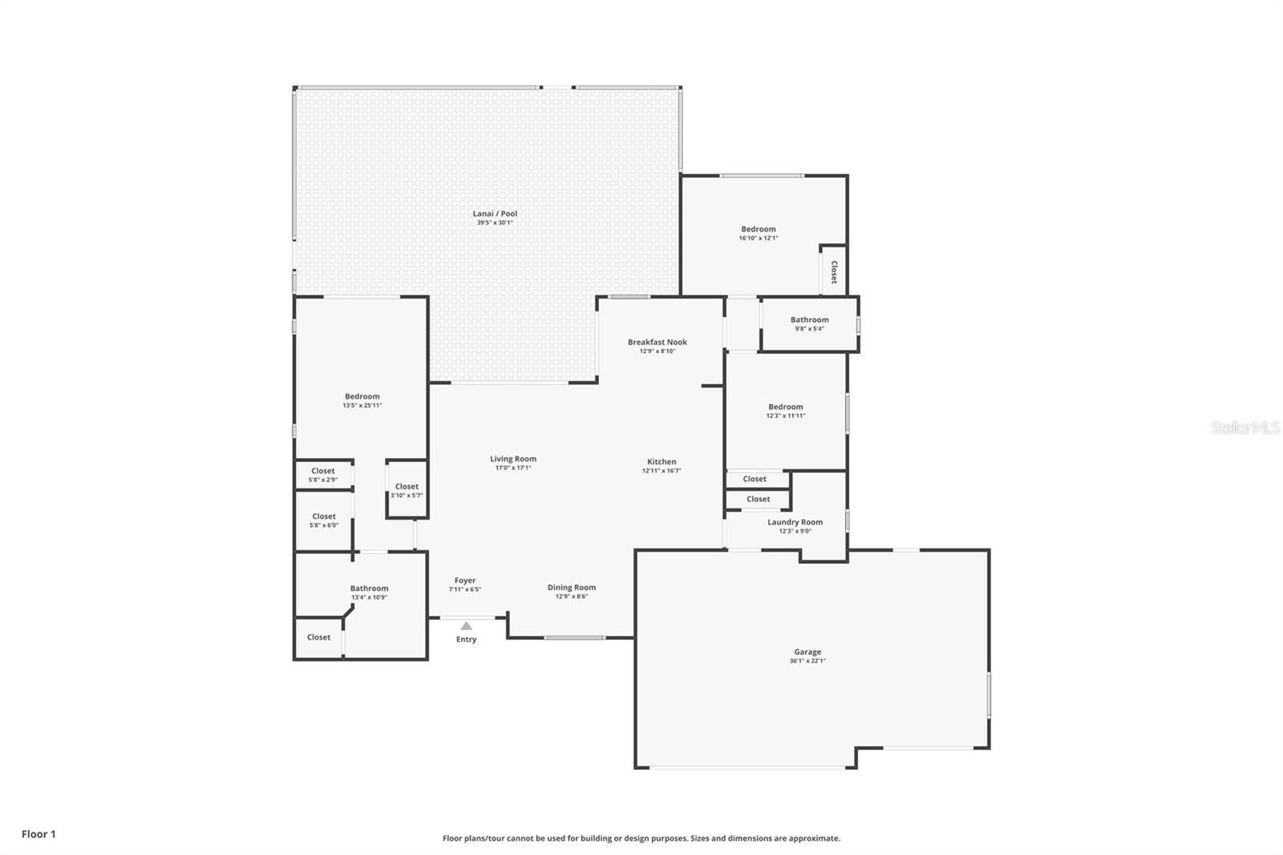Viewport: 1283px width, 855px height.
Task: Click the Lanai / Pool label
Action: pos(495,213)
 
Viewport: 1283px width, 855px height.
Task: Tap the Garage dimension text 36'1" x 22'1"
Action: pos(807,661)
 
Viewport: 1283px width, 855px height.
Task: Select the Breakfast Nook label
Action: pos(657,342)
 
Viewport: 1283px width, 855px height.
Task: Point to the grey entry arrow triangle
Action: pos(466,626)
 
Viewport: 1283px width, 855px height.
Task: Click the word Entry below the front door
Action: pos(466,639)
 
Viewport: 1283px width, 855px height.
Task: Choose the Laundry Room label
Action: pos(795,522)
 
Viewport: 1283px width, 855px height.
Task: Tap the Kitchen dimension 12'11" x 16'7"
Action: pos(662,471)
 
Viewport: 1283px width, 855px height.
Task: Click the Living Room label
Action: pos(513,459)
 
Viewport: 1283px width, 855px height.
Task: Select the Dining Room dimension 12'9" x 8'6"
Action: pos(572,597)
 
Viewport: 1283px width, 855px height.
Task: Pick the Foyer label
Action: pos(465,581)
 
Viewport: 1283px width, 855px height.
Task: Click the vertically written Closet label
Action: pos(834,272)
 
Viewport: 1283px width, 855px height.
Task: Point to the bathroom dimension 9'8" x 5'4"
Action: pos(809,329)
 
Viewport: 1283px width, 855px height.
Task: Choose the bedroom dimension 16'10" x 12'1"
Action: pos(759,238)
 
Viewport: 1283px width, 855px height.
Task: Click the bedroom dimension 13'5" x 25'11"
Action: pos(362,406)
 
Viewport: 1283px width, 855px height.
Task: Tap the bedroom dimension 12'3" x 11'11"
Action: pos(786,416)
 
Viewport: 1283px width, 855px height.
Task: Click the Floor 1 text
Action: pos(39,834)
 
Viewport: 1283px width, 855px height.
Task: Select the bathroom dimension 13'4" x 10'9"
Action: pos(370,598)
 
